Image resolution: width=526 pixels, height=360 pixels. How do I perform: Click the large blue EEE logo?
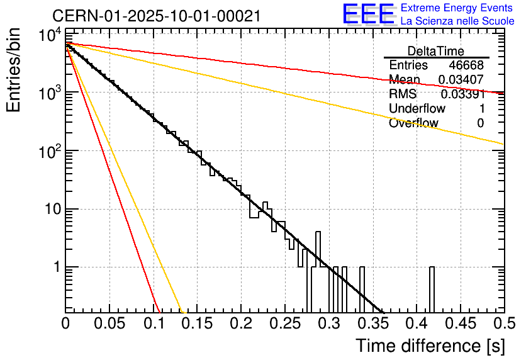click(368, 14)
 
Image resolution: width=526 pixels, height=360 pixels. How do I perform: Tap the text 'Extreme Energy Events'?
click(457, 8)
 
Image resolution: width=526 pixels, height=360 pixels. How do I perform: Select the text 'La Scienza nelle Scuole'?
click(457, 21)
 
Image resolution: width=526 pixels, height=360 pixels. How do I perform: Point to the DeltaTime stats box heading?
click(436, 51)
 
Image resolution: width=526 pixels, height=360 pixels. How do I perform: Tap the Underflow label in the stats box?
click(417, 109)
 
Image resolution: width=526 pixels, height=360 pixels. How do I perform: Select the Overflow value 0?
click(480, 123)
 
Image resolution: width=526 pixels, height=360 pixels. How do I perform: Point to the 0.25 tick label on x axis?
click(285, 325)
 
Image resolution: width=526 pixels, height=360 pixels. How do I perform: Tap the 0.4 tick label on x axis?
click(417, 325)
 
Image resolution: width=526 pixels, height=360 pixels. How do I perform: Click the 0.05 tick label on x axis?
click(109, 325)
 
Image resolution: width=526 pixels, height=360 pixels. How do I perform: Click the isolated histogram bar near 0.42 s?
click(432, 290)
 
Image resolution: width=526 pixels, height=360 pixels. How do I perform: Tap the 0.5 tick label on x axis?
click(503, 325)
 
